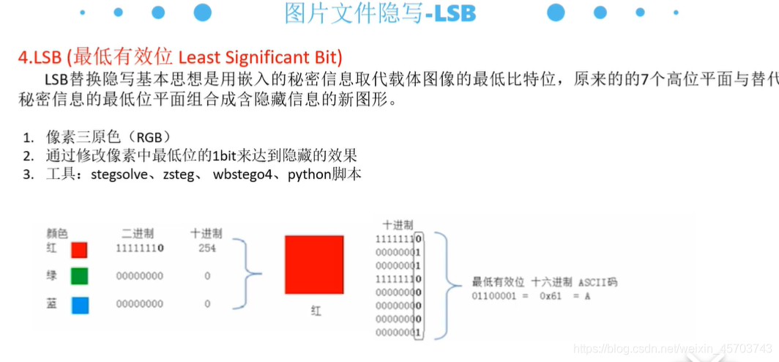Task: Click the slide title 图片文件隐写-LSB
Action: [x=380, y=14]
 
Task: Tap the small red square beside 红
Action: [x=79, y=250]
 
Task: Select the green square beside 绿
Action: [x=79, y=277]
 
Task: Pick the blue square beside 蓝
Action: [x=79, y=303]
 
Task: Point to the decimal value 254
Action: [x=207, y=249]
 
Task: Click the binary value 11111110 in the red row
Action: [x=139, y=249]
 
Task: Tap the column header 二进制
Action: [x=138, y=234]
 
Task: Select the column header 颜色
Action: [x=57, y=234]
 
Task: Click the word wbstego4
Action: [x=244, y=175]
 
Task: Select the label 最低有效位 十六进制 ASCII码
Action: [x=544, y=281]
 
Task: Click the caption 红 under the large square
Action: [x=316, y=311]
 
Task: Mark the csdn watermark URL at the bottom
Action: [x=672, y=350]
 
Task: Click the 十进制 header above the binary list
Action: [x=398, y=225]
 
